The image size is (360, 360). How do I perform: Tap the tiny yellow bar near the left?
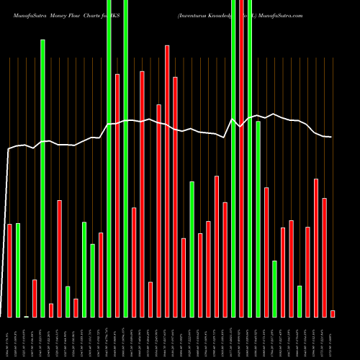(27, 316)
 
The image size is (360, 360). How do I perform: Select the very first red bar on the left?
(10, 270)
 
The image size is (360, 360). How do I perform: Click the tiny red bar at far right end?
(333, 313)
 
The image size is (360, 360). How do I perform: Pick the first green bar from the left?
(18, 270)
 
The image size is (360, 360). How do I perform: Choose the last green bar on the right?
(300, 301)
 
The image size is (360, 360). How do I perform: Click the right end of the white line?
(330, 137)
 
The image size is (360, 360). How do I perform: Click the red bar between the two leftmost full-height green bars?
(117, 195)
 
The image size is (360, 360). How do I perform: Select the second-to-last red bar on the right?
(325, 257)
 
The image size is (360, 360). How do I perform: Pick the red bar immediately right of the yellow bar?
(35, 298)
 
